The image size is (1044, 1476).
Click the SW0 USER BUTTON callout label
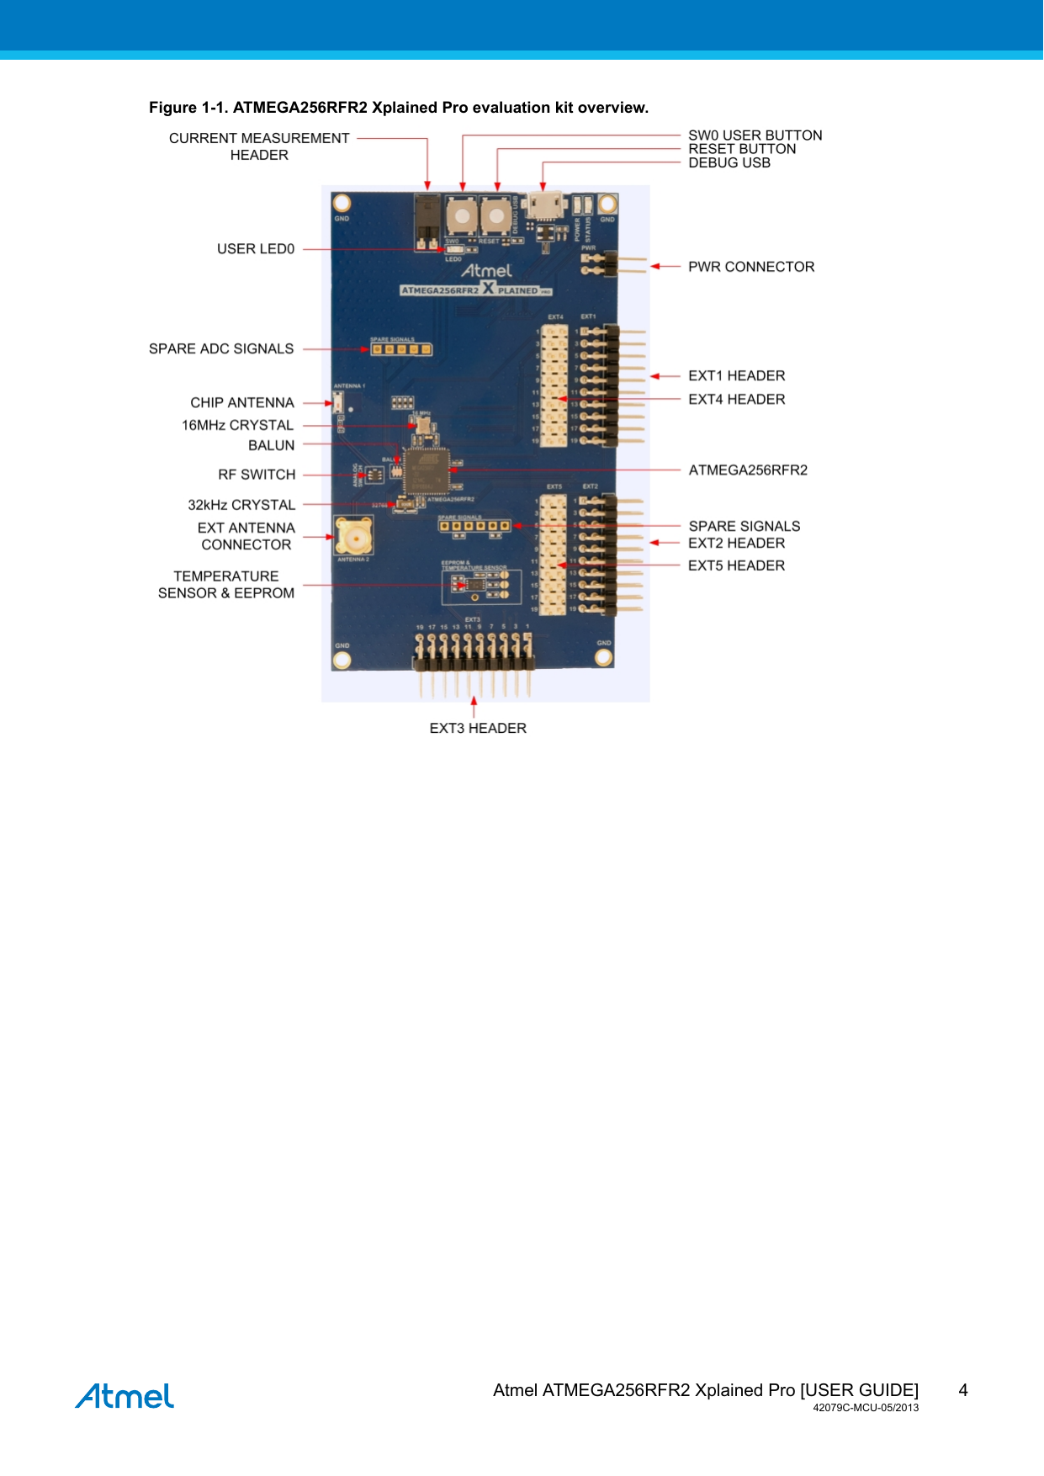tap(755, 135)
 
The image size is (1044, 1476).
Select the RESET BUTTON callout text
tap(742, 149)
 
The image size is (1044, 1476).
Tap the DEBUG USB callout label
tap(729, 163)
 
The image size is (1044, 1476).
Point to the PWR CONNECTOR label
tap(751, 267)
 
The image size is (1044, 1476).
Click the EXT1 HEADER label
tap(736, 376)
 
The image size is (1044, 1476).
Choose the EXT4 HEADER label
tap(736, 400)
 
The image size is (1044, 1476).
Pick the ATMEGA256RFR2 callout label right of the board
tap(748, 470)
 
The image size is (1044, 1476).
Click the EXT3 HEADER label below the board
tap(478, 729)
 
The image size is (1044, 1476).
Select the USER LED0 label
tap(256, 249)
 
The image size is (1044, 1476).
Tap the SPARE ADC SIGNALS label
tap(221, 349)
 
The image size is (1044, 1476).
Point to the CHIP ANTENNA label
tap(242, 403)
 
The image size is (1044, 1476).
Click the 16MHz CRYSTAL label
tap(237, 426)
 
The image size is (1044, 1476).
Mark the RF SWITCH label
tap(257, 475)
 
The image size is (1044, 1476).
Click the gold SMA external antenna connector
tap(353, 535)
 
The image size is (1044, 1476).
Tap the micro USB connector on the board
tap(544, 204)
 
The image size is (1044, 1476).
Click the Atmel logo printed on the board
tap(486, 271)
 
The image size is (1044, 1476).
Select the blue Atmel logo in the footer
tap(125, 1396)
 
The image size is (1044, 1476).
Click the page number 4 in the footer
tap(963, 1390)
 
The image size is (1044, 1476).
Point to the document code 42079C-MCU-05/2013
tap(866, 1408)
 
